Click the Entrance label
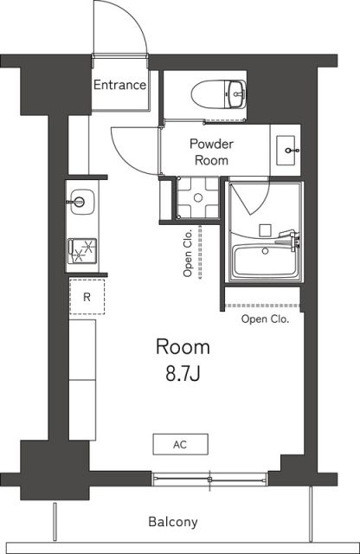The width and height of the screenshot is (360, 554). (119, 85)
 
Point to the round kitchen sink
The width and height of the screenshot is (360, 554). (80, 202)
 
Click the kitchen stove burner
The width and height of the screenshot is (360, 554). (85, 250)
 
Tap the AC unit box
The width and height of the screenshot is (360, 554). (180, 444)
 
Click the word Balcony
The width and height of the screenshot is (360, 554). (173, 522)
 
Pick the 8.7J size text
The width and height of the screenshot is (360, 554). (183, 374)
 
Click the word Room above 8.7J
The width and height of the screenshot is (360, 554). (183, 347)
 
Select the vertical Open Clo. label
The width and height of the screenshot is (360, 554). (187, 253)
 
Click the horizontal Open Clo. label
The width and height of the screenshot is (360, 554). (266, 319)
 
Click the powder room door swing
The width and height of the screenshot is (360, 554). (132, 147)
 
